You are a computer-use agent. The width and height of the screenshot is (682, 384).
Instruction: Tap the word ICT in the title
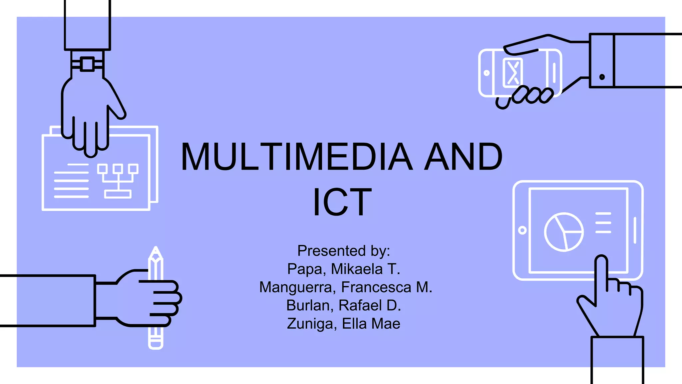342,202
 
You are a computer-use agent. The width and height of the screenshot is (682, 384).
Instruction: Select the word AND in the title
463,157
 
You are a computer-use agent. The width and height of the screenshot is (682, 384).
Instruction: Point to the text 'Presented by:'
343,251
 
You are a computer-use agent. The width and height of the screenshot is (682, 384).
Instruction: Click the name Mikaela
357,269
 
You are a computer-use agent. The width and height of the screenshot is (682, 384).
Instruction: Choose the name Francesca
376,287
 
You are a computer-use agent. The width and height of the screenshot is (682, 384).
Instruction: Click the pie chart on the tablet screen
564,232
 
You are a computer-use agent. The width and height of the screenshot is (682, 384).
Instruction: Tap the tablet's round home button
522,230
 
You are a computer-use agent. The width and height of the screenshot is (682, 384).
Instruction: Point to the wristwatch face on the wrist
88,64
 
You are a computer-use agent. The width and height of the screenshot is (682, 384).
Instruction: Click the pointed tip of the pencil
156,250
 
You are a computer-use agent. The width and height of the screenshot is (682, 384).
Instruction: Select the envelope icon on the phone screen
512,73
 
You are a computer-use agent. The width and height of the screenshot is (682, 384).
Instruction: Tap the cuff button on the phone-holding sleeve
602,77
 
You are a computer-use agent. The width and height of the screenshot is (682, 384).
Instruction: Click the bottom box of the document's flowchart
118,194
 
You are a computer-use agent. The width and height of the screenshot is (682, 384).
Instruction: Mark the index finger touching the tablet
601,273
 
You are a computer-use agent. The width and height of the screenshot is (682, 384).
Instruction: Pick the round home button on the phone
487,73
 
